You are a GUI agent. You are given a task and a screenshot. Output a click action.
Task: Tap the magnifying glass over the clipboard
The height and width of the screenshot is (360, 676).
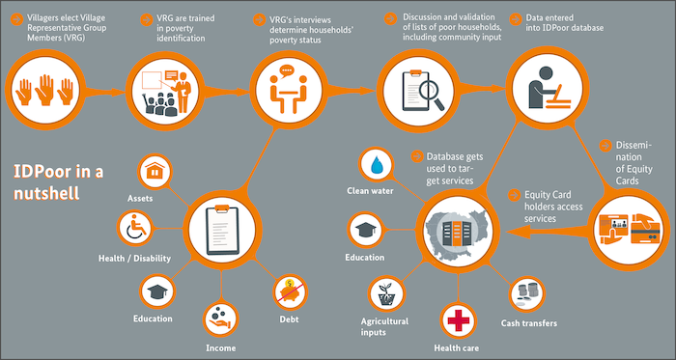[x=431, y=95]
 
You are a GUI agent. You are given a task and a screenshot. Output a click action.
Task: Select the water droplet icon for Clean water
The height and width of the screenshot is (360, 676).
[x=378, y=165]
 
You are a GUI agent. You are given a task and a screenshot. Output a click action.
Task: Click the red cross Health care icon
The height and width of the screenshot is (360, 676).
[x=458, y=320]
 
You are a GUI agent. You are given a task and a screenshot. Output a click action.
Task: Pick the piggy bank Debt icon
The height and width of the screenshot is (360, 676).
[x=290, y=292]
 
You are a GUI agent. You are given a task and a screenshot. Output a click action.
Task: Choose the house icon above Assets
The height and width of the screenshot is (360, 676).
[x=154, y=172]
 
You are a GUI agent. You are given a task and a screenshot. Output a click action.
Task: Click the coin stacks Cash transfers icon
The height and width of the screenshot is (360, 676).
[x=527, y=293]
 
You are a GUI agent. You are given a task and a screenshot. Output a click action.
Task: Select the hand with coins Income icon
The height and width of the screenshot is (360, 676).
[x=221, y=319]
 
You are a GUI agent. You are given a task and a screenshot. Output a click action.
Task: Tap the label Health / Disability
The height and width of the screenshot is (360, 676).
[x=134, y=259]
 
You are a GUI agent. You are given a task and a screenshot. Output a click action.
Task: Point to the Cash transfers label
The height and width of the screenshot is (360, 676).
[x=529, y=323]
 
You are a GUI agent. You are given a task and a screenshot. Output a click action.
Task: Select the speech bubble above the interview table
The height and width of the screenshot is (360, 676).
[x=286, y=70]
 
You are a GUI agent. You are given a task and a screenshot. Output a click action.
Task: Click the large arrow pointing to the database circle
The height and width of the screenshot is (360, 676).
[x=548, y=232]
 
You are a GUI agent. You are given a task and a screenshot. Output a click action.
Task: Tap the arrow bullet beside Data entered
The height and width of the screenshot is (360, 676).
[x=515, y=19]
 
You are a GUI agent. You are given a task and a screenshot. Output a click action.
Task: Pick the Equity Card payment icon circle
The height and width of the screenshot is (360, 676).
[x=629, y=230]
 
